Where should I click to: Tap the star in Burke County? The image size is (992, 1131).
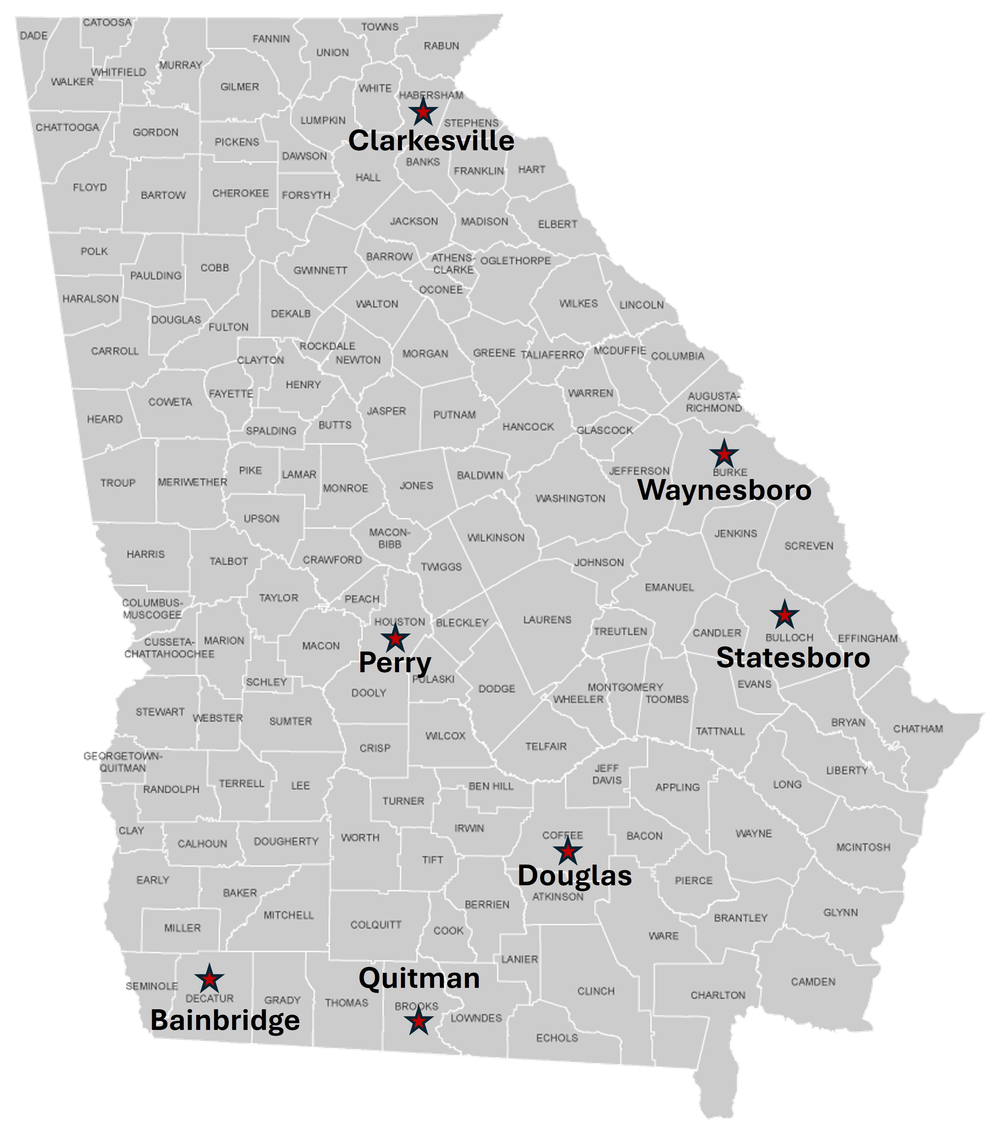tap(724, 454)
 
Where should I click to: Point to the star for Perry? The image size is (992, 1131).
tap(395, 638)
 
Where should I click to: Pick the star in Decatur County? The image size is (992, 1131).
tap(209, 979)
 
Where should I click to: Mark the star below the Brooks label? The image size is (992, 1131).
tap(418, 1021)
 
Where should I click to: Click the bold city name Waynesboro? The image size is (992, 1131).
tap(724, 491)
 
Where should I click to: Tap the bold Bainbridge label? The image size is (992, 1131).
tap(225, 1020)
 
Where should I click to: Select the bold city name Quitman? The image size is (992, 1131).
tap(419, 978)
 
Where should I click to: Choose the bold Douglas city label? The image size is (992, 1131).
tap(574, 876)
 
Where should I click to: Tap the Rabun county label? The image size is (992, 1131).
tap(441, 46)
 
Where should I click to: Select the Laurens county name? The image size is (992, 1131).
tap(547, 620)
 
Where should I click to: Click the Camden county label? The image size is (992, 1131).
tap(813, 981)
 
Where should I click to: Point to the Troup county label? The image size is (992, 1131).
tap(118, 483)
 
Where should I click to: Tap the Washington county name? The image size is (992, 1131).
tap(570, 499)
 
